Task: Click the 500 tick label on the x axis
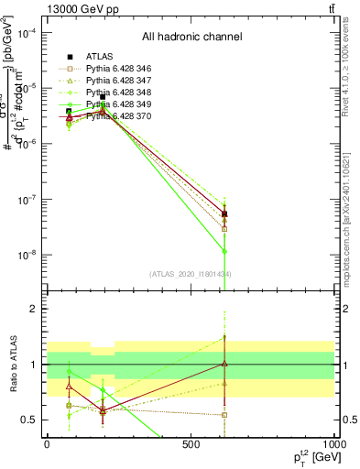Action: (x=191, y=444)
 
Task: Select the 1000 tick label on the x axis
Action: (x=335, y=444)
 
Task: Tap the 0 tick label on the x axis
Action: (x=47, y=444)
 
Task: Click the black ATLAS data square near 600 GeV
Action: (x=224, y=213)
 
